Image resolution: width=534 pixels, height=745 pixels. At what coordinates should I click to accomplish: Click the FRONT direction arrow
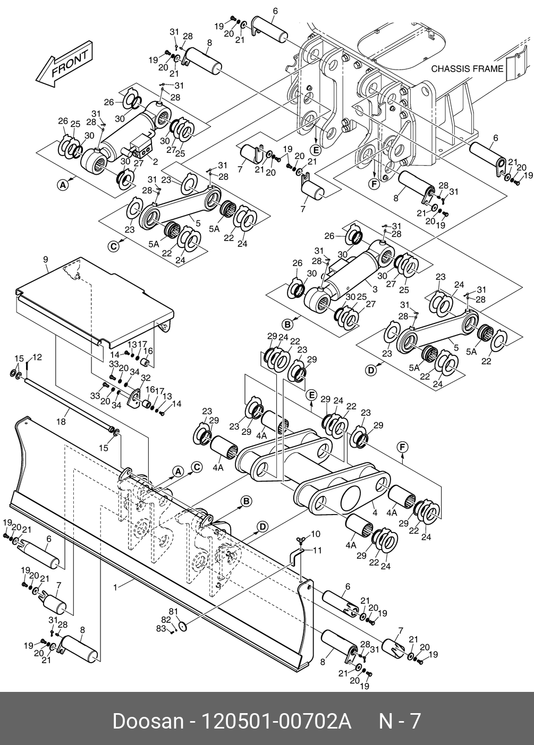click(64, 64)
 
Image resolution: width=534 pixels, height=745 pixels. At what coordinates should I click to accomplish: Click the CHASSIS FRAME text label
click(467, 69)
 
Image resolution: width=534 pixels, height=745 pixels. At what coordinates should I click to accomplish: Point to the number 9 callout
click(46, 260)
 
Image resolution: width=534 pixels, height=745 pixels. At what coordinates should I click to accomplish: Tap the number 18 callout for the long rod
click(61, 422)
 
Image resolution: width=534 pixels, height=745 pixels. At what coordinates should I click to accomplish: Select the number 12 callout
click(37, 357)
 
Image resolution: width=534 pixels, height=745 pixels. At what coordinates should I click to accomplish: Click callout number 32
click(146, 378)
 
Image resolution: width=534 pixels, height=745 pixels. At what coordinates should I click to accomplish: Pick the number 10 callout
click(316, 534)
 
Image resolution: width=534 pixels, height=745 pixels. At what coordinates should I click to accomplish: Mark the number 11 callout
click(317, 551)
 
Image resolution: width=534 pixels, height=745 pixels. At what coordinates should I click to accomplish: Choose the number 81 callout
click(173, 611)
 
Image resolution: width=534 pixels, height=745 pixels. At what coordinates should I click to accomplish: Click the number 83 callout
click(160, 629)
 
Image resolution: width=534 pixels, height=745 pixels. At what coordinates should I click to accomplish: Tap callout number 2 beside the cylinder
click(155, 162)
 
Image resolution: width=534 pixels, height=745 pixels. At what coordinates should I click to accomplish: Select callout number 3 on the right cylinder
click(375, 289)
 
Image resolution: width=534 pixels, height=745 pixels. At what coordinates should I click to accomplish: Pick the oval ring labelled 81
click(182, 626)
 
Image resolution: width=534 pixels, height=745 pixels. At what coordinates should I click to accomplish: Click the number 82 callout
click(166, 620)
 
